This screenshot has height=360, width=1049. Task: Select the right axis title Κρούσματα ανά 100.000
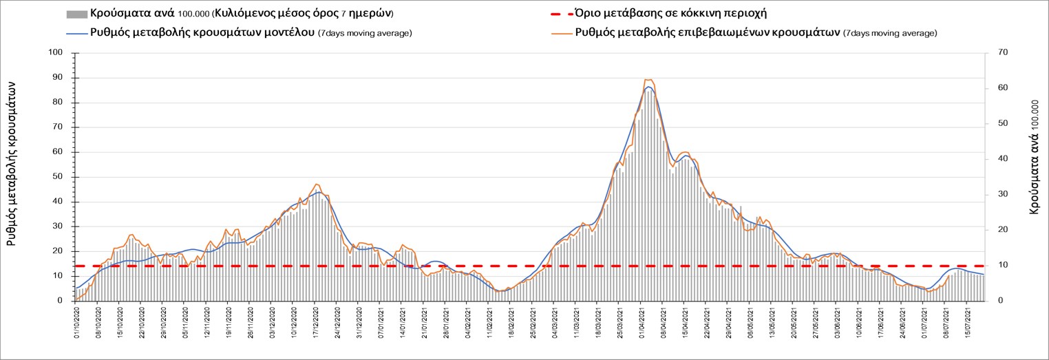1034,156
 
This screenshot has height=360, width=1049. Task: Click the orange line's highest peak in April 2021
648,80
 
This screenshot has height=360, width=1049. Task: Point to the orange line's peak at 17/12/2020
316,184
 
